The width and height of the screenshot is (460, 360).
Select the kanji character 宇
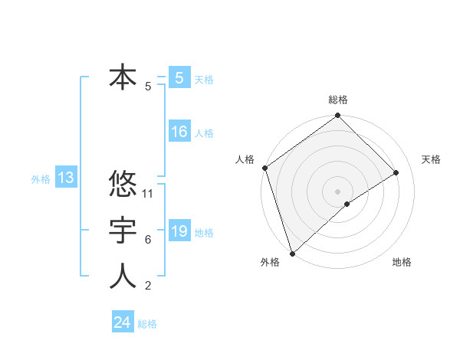123,231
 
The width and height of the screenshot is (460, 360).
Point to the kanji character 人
123,277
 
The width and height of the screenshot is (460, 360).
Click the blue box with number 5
179,78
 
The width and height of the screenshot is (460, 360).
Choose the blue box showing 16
179,132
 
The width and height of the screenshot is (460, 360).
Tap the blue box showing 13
65,178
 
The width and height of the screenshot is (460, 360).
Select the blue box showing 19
179,231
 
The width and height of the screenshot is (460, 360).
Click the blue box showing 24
123,322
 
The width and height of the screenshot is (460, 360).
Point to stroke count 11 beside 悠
149,194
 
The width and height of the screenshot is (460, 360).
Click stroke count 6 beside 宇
148,240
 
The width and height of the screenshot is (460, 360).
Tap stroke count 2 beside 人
148,286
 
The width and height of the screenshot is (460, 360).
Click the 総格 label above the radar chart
338,100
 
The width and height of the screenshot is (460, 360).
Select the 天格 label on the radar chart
431,159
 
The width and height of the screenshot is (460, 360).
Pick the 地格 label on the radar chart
402,262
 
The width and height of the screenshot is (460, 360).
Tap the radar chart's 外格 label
270,262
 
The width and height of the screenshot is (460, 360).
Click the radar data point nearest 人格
264,168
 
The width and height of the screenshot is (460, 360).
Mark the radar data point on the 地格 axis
347,204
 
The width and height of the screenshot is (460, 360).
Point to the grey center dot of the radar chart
337,191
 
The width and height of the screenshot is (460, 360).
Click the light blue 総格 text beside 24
147,324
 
